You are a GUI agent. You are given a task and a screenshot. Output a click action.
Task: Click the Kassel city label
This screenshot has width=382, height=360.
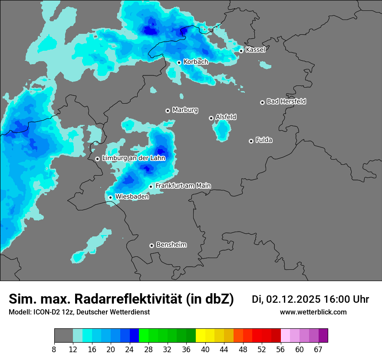pyautogui.click(x=255, y=50)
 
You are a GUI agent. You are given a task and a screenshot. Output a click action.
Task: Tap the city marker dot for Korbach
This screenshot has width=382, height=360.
pyautogui.click(x=179, y=62)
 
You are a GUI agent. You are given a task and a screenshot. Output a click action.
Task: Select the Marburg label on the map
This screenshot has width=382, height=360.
pyautogui.click(x=185, y=110)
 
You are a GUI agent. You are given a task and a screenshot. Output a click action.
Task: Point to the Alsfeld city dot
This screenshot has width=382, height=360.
pyautogui.click(x=211, y=118)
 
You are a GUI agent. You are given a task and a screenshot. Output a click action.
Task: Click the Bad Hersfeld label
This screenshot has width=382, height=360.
pyautogui.click(x=286, y=101)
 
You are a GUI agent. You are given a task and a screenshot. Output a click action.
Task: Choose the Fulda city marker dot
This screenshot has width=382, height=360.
pyautogui.click(x=251, y=141)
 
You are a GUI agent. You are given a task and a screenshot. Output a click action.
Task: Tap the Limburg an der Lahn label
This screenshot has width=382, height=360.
pyautogui.click(x=133, y=158)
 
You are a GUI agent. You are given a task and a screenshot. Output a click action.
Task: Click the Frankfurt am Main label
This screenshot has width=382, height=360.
pyautogui.click(x=183, y=186)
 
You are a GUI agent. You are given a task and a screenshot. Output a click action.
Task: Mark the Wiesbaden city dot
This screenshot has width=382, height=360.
pyautogui.click(x=111, y=197)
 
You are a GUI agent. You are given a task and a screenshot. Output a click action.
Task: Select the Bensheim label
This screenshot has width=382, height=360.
pyautogui.click(x=171, y=245)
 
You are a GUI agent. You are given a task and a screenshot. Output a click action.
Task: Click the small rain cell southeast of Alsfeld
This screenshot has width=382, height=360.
pyautogui.click(x=222, y=130)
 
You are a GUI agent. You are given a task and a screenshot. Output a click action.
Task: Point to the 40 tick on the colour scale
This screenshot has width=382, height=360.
pyautogui.click(x=205, y=349)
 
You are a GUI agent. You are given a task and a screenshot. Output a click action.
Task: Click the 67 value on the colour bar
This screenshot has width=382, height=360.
pyautogui.click(x=318, y=349)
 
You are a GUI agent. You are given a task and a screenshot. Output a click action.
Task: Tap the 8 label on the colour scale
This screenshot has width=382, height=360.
pyautogui.click(x=54, y=349)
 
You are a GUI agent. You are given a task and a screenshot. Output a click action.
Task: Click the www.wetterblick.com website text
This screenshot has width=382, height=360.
pyautogui.click(x=313, y=312)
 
